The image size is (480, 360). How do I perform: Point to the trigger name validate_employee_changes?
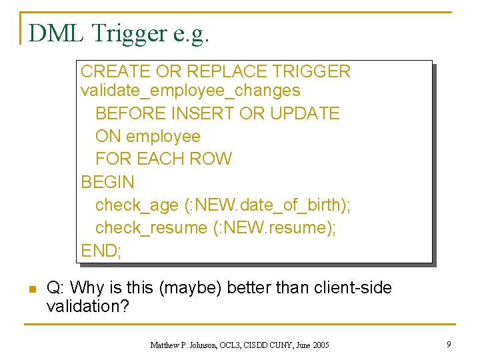pyautogui.click(x=190, y=90)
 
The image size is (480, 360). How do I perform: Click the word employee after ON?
pyautogui.click(x=163, y=136)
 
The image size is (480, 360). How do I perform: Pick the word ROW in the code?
pyautogui.click(x=211, y=159)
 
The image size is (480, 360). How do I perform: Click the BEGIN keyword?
pyautogui.click(x=107, y=181)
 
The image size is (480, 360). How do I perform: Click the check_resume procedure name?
pyautogui.click(x=151, y=227)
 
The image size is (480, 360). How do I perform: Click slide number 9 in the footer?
pyautogui.click(x=449, y=345)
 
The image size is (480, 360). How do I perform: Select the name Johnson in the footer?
pyautogui.click(x=205, y=345)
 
